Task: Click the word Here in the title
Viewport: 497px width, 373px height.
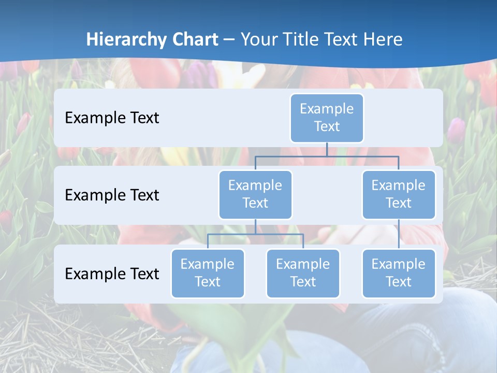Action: [383, 39]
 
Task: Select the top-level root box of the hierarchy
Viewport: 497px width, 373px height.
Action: [327, 118]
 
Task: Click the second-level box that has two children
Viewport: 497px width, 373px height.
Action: [255, 195]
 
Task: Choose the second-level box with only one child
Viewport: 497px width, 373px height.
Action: [399, 195]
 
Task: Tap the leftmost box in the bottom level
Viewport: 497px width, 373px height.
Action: [208, 274]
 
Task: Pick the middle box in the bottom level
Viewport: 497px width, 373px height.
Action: [303, 274]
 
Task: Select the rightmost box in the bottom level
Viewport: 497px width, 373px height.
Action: [399, 274]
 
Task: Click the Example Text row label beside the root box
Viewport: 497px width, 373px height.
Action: [112, 118]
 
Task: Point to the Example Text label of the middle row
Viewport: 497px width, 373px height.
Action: [112, 195]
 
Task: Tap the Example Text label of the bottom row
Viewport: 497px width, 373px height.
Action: [112, 274]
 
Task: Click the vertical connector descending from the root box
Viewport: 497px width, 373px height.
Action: [327, 149]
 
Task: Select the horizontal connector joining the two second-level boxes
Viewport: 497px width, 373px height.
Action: [327, 156]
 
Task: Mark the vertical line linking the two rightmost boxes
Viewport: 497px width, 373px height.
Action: [399, 234]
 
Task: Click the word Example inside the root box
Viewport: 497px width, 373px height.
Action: [327, 109]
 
